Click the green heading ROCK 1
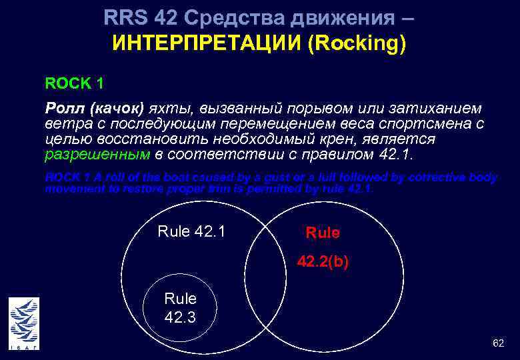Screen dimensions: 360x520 74,84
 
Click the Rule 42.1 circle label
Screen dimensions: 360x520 191,231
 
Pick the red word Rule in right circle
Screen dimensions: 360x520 323,233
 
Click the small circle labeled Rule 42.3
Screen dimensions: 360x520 180,308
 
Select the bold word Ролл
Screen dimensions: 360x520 65,108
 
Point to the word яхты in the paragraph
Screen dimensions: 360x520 168,108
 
